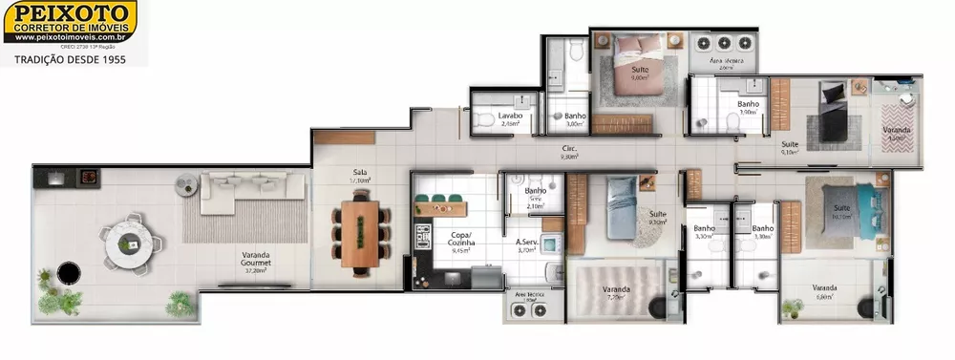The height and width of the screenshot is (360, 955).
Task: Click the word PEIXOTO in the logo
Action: click(x=70, y=11)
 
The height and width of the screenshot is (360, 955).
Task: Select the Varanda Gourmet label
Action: click(x=254, y=258)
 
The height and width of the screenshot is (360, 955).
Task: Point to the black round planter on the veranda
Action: click(x=68, y=274)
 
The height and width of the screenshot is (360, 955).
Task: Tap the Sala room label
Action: click(x=360, y=176)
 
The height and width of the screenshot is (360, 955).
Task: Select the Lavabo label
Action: click(x=511, y=118)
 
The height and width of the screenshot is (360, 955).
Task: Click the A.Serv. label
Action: click(x=530, y=245)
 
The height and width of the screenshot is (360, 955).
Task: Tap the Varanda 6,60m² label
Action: click(x=824, y=290)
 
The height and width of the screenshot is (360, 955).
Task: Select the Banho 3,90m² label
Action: click(x=748, y=107)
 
